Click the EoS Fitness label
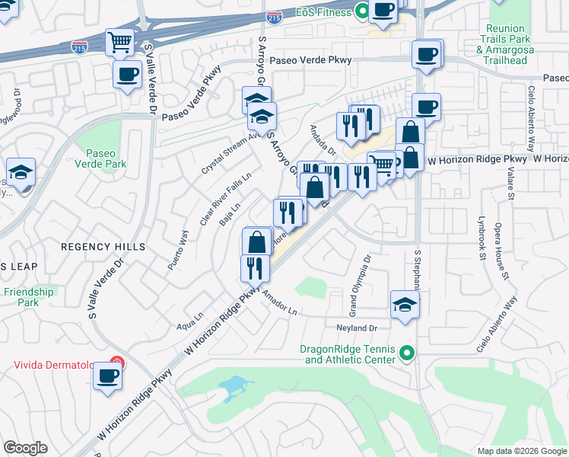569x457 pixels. pos(323,12)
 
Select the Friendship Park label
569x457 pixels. pos(28,297)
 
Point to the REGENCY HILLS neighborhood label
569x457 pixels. pos(103,248)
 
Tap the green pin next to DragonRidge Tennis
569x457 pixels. pos(406,353)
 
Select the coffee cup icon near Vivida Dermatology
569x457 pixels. pos(107,376)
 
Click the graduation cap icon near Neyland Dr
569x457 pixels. pos(405,304)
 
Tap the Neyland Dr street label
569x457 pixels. pos(357,328)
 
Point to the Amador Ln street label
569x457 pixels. pos(279,305)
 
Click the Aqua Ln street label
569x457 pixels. pos(190,320)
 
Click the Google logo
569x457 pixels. pos(25,448)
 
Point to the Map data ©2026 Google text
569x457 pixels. pos(521,451)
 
